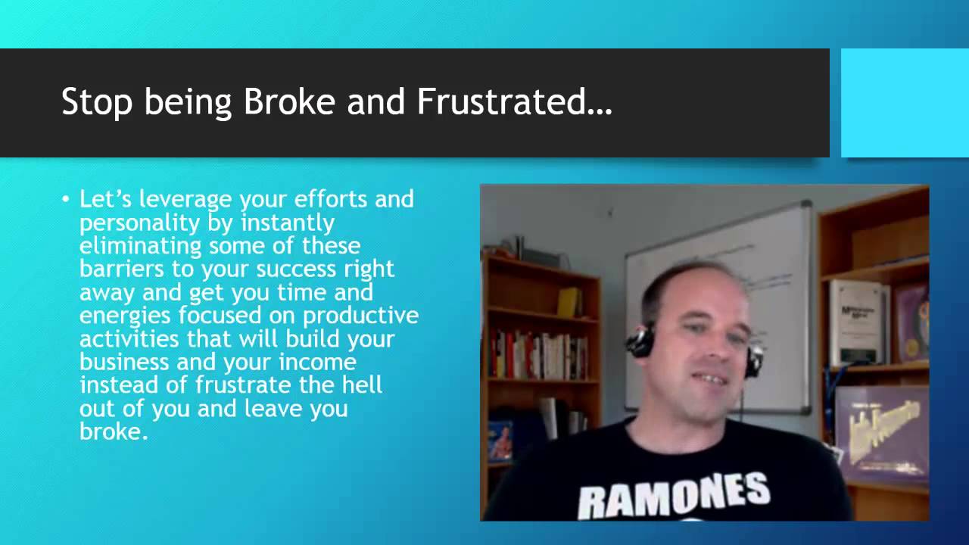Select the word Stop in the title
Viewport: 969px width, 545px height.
coord(96,102)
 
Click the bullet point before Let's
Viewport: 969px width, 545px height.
coord(66,199)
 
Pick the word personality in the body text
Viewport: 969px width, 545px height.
coord(139,223)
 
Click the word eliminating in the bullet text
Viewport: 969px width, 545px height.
coord(141,247)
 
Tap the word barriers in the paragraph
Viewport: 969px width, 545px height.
coord(122,269)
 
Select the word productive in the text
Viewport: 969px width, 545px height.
coord(361,316)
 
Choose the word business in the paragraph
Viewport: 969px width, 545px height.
coord(124,362)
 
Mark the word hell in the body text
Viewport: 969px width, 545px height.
coord(362,385)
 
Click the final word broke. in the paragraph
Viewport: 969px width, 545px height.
coord(114,431)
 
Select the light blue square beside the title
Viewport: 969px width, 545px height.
coord(905,103)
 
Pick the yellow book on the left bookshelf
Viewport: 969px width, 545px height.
coord(569,302)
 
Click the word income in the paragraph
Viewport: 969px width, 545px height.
coord(317,362)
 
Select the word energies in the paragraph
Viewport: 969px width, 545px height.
coord(125,316)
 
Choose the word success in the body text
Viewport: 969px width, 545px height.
coord(296,269)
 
